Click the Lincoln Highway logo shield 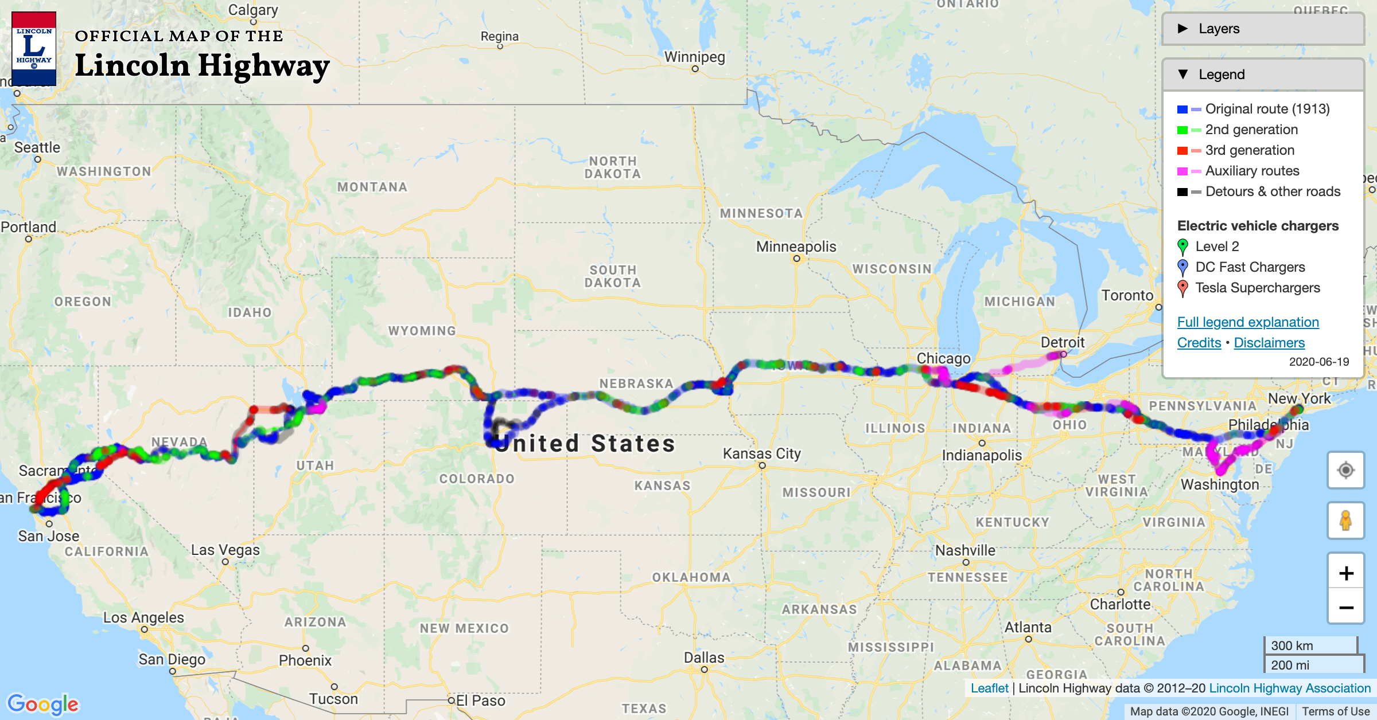pyautogui.click(x=34, y=49)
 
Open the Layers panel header pyautogui.click(x=1262, y=29)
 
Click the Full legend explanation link pyautogui.click(x=1248, y=322)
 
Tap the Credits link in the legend pyautogui.click(x=1199, y=343)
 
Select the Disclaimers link pyautogui.click(x=1269, y=343)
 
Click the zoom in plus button pyautogui.click(x=1346, y=573)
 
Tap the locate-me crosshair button pyautogui.click(x=1345, y=470)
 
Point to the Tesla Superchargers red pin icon pyautogui.click(x=1182, y=288)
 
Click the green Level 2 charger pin pyautogui.click(x=1182, y=246)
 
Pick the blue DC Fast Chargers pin pyautogui.click(x=1182, y=267)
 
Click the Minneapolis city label pyautogui.click(x=796, y=246)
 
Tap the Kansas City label pyautogui.click(x=761, y=453)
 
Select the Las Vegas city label pyautogui.click(x=225, y=550)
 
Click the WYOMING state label pyautogui.click(x=422, y=331)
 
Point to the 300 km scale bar pyautogui.click(x=1310, y=645)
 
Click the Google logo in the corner pyautogui.click(x=43, y=704)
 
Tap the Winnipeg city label pyautogui.click(x=694, y=57)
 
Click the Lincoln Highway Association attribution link pyautogui.click(x=1289, y=688)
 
